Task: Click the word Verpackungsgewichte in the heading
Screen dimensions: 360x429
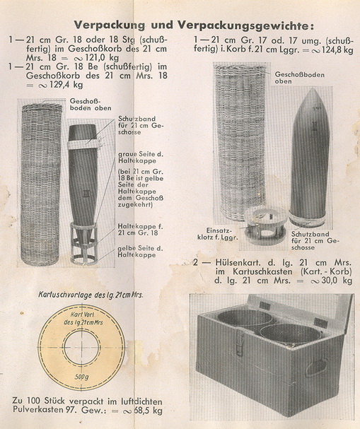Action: [245, 26]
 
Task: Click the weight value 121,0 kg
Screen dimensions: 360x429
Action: [103, 58]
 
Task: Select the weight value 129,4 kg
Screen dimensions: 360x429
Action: [66, 85]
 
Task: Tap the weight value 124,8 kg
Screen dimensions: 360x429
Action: [337, 50]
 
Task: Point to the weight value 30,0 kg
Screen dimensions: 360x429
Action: [337, 281]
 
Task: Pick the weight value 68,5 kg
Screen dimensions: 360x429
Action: [148, 411]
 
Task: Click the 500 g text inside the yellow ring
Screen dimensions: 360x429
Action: [81, 377]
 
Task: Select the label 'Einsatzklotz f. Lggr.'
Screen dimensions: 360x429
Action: [217, 234]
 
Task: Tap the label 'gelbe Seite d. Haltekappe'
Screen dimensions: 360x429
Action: [140, 252]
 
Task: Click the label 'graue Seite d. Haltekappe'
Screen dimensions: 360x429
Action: [141, 158]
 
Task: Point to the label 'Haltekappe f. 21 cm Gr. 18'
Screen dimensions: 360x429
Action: [140, 230]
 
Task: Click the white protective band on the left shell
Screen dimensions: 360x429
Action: [83, 144]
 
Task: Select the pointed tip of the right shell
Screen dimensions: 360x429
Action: [313, 89]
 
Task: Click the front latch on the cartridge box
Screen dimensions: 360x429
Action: [240, 342]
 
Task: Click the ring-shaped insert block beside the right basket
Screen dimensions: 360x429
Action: [263, 226]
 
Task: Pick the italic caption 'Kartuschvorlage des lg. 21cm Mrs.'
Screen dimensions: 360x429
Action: [91, 295]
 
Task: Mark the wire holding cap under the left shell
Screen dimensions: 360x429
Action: [84, 243]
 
